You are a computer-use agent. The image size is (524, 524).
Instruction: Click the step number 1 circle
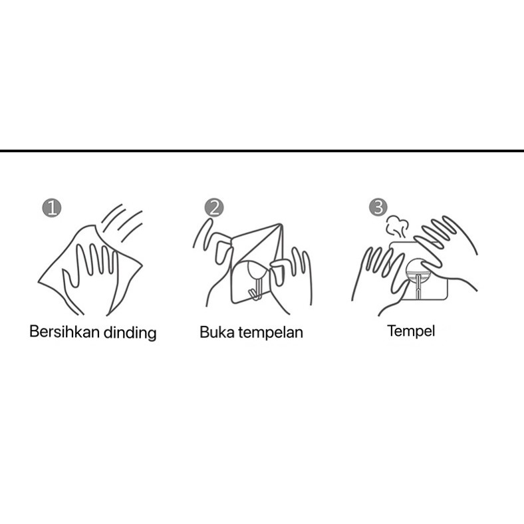52,208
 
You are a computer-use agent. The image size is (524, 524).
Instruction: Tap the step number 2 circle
214,207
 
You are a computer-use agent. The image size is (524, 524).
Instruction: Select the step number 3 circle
378,207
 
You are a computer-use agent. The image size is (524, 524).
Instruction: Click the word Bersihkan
65,332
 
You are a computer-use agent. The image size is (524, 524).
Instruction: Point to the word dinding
130,333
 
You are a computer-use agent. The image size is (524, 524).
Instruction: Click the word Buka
217,332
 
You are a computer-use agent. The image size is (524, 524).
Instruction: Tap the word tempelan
271,332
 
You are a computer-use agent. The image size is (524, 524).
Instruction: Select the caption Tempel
411,331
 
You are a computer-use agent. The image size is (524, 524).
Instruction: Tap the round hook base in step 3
418,269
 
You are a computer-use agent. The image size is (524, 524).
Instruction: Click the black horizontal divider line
262,151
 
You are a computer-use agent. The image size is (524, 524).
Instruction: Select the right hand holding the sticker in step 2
291,281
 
